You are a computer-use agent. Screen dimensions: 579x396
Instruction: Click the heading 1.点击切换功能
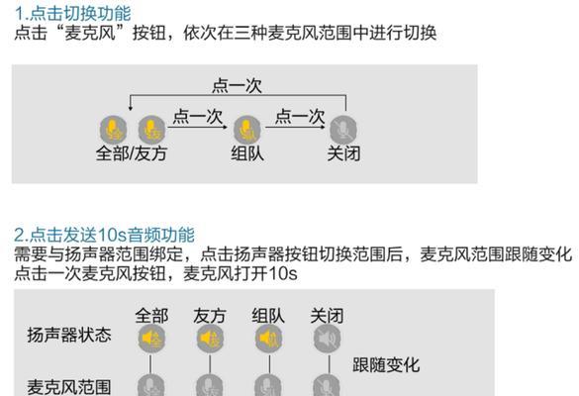(x=72, y=14)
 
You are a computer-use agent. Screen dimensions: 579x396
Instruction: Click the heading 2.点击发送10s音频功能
(x=105, y=235)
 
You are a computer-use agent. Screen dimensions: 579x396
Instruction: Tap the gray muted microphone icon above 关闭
(x=343, y=130)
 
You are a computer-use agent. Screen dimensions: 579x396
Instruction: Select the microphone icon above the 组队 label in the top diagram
(x=247, y=130)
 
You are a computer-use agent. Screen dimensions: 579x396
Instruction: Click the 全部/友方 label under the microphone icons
(x=132, y=153)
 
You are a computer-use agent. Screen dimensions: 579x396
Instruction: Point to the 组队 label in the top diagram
(x=247, y=153)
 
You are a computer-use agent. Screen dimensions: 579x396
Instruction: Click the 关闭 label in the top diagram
(x=343, y=153)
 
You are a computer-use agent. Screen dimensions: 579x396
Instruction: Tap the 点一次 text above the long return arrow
(x=237, y=86)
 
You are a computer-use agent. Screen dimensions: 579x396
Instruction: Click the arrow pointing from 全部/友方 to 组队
(x=198, y=128)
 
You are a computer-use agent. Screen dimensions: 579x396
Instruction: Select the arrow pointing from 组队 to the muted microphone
(x=295, y=128)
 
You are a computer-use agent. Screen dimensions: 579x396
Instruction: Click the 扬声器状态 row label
(x=69, y=335)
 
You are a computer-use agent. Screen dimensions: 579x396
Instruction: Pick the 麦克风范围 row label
(x=69, y=387)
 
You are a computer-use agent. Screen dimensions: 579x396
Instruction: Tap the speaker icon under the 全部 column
(x=151, y=338)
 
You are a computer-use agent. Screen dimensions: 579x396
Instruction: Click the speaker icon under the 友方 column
(x=210, y=338)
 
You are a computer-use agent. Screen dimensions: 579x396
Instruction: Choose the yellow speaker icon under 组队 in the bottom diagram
(x=269, y=338)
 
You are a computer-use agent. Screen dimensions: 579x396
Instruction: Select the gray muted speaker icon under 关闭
(x=328, y=338)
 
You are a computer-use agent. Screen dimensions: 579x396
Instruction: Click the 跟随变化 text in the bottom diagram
(x=386, y=365)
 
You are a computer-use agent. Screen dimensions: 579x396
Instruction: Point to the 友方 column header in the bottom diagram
(x=210, y=316)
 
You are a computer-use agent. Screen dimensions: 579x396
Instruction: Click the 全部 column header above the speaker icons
(x=151, y=316)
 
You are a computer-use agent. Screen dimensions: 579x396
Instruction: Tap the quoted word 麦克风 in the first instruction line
(x=90, y=33)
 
